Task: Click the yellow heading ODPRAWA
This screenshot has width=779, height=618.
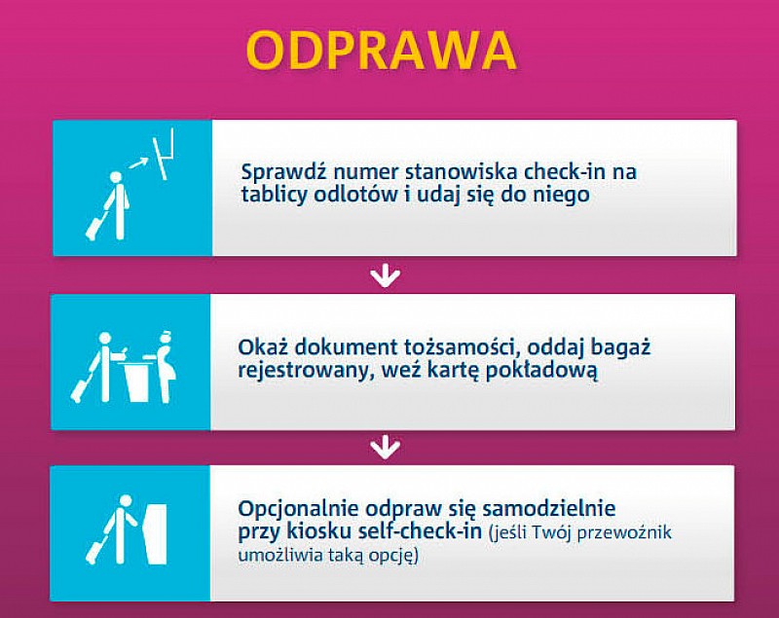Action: (382, 51)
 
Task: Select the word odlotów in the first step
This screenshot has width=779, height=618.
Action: (355, 194)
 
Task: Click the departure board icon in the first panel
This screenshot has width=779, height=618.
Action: (164, 154)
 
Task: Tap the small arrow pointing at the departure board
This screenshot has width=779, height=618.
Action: (138, 163)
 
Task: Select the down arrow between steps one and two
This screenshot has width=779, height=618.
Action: (385, 277)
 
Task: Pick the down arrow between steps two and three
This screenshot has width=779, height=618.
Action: (385, 448)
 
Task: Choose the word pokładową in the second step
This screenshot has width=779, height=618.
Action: (541, 371)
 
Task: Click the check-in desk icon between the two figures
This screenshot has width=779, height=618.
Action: (135, 380)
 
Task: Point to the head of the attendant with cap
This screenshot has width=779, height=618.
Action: (165, 339)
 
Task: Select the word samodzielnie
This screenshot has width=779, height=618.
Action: (549, 509)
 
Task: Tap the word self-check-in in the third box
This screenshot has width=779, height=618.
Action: (420, 531)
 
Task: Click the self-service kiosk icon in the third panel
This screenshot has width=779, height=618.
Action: (155, 534)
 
